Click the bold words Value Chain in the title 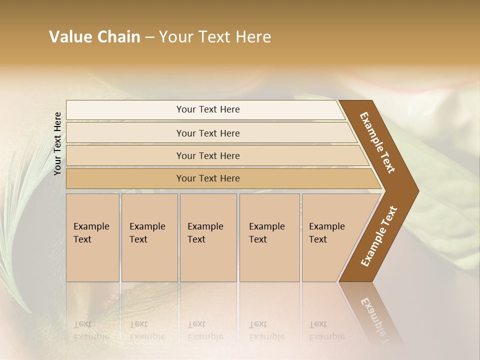94,37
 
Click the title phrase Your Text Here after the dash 215,37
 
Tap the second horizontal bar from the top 208,133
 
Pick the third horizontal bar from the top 208,155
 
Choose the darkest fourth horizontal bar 208,178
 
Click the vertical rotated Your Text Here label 57,143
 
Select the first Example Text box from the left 92,237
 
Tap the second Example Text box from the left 149,237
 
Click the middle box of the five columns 208,237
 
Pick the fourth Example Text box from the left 269,237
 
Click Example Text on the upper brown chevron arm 377,142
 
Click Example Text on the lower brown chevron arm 378,236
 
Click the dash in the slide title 149,37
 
